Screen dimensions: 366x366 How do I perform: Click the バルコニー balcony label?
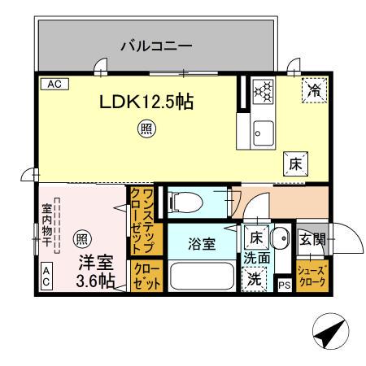point(156,46)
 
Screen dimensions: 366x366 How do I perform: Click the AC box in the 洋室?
point(46,277)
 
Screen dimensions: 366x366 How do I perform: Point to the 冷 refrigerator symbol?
point(312,92)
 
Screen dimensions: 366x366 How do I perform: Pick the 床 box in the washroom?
point(255,239)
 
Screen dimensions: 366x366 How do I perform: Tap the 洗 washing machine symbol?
point(255,278)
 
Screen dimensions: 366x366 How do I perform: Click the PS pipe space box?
point(284,285)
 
